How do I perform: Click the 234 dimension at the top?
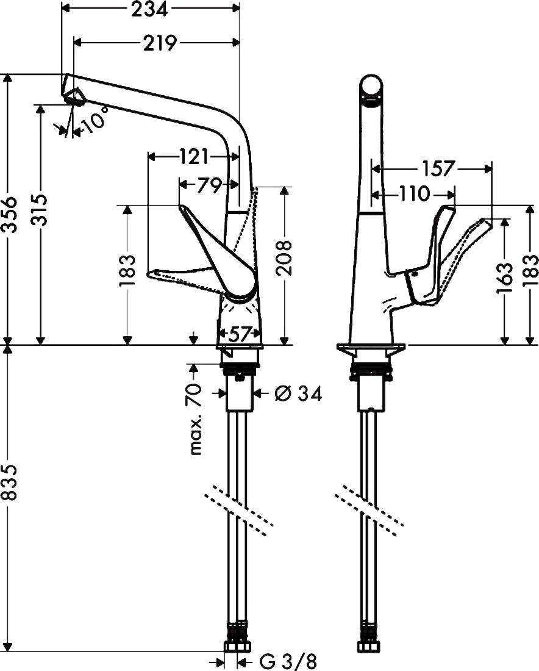click(x=149, y=8)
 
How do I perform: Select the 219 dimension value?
click(x=157, y=43)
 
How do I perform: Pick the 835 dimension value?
click(x=9, y=486)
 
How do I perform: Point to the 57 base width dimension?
click(x=239, y=334)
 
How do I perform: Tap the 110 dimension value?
click(x=415, y=195)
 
